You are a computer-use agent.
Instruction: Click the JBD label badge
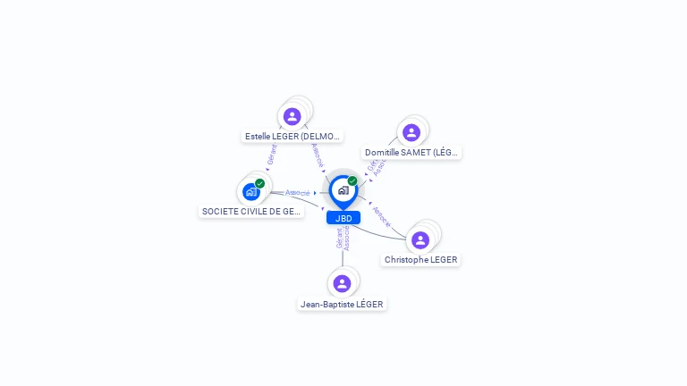(343, 218)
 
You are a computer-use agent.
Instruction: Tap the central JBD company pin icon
(343, 189)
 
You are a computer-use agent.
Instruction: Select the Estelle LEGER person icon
(292, 116)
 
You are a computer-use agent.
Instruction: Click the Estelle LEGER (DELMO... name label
(293, 137)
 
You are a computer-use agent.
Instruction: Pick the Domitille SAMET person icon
(411, 132)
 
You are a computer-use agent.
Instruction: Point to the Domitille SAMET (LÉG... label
(411, 153)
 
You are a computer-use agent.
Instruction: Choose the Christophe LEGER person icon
(420, 239)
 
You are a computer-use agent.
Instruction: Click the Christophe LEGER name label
(420, 260)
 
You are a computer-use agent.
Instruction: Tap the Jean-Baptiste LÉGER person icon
(342, 283)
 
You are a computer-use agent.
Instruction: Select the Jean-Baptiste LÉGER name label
(342, 305)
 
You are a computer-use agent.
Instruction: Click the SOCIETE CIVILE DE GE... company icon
(250, 191)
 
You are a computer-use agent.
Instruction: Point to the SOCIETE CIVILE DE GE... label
(251, 212)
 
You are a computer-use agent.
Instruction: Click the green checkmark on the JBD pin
(352, 181)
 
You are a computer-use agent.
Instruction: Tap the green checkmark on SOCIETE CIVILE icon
(259, 183)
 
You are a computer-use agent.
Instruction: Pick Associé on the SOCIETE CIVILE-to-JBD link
(298, 193)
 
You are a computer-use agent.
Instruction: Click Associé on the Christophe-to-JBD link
(381, 217)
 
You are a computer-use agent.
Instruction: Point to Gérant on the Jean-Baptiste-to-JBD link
(339, 239)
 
